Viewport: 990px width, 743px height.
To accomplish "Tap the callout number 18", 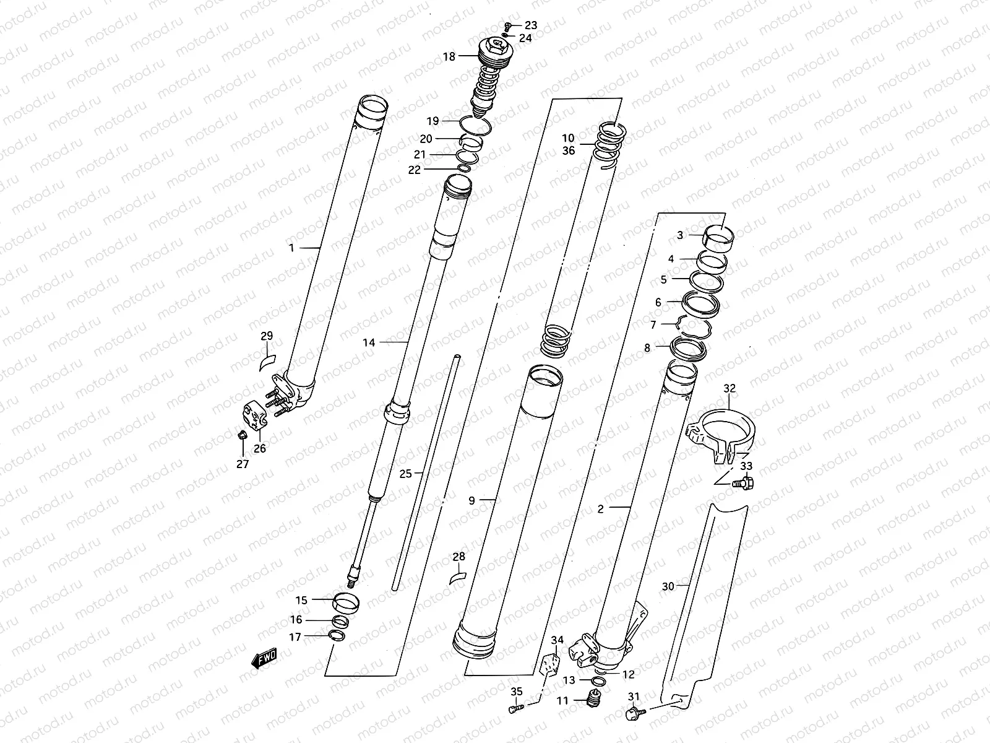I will tap(449, 57).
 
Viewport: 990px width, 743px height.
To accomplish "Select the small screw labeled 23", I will tap(508, 25).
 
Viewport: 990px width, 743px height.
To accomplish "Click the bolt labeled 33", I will tap(741, 484).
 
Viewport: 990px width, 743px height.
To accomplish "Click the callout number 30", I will tap(668, 586).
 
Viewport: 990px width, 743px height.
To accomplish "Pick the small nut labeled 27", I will tap(242, 433).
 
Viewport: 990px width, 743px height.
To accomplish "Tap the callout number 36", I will tap(569, 150).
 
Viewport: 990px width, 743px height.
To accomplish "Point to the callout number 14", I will tap(369, 342).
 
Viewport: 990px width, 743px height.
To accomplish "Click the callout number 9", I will tap(471, 500).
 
